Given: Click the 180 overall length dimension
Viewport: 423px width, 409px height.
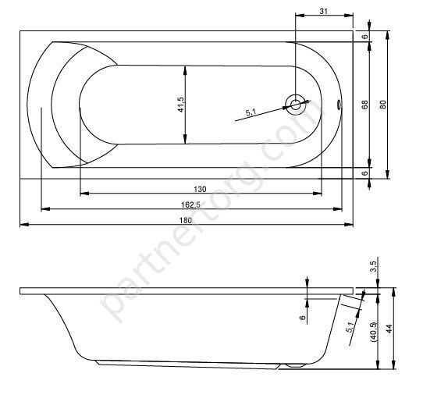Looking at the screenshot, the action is tap(186, 220).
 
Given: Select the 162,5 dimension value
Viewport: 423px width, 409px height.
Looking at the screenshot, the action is tap(190, 204).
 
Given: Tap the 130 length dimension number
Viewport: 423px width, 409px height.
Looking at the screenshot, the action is tap(200, 189).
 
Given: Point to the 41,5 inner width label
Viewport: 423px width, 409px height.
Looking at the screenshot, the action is tap(181, 105).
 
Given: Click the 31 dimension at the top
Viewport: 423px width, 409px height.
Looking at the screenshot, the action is tap(324, 11).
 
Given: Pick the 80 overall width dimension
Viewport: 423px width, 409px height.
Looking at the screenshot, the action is tap(382, 105).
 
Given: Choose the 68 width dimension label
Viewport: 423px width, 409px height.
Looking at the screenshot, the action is tap(364, 105).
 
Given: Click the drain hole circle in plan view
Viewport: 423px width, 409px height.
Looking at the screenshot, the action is tap(296, 105).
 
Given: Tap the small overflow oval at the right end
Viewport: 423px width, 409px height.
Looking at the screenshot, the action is tap(339, 105).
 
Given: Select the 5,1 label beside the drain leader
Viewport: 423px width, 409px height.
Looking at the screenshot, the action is tap(251, 112).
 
